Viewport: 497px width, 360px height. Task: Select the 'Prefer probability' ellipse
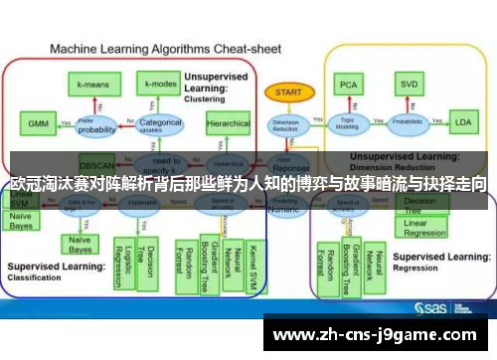click(96, 126)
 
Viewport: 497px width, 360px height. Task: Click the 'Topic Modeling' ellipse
click(349, 124)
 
